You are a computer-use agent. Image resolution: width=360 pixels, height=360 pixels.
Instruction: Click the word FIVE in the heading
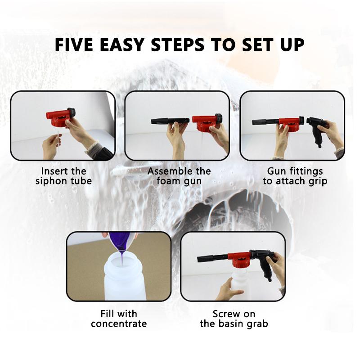pyautogui.click(x=74, y=45)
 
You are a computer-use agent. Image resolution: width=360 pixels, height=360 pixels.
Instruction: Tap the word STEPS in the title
pyautogui.click(x=177, y=45)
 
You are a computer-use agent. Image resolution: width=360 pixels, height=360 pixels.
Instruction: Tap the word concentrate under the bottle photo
pyautogui.click(x=119, y=324)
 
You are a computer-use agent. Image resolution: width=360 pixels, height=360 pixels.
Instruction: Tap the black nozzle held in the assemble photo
pyautogui.click(x=170, y=121)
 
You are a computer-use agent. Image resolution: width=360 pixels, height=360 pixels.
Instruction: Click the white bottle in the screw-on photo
pyautogui.click(x=239, y=283)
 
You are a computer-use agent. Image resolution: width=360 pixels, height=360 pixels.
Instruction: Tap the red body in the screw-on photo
pyautogui.click(x=239, y=259)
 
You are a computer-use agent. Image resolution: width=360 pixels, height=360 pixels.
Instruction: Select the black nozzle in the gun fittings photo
pyautogui.click(x=265, y=121)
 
